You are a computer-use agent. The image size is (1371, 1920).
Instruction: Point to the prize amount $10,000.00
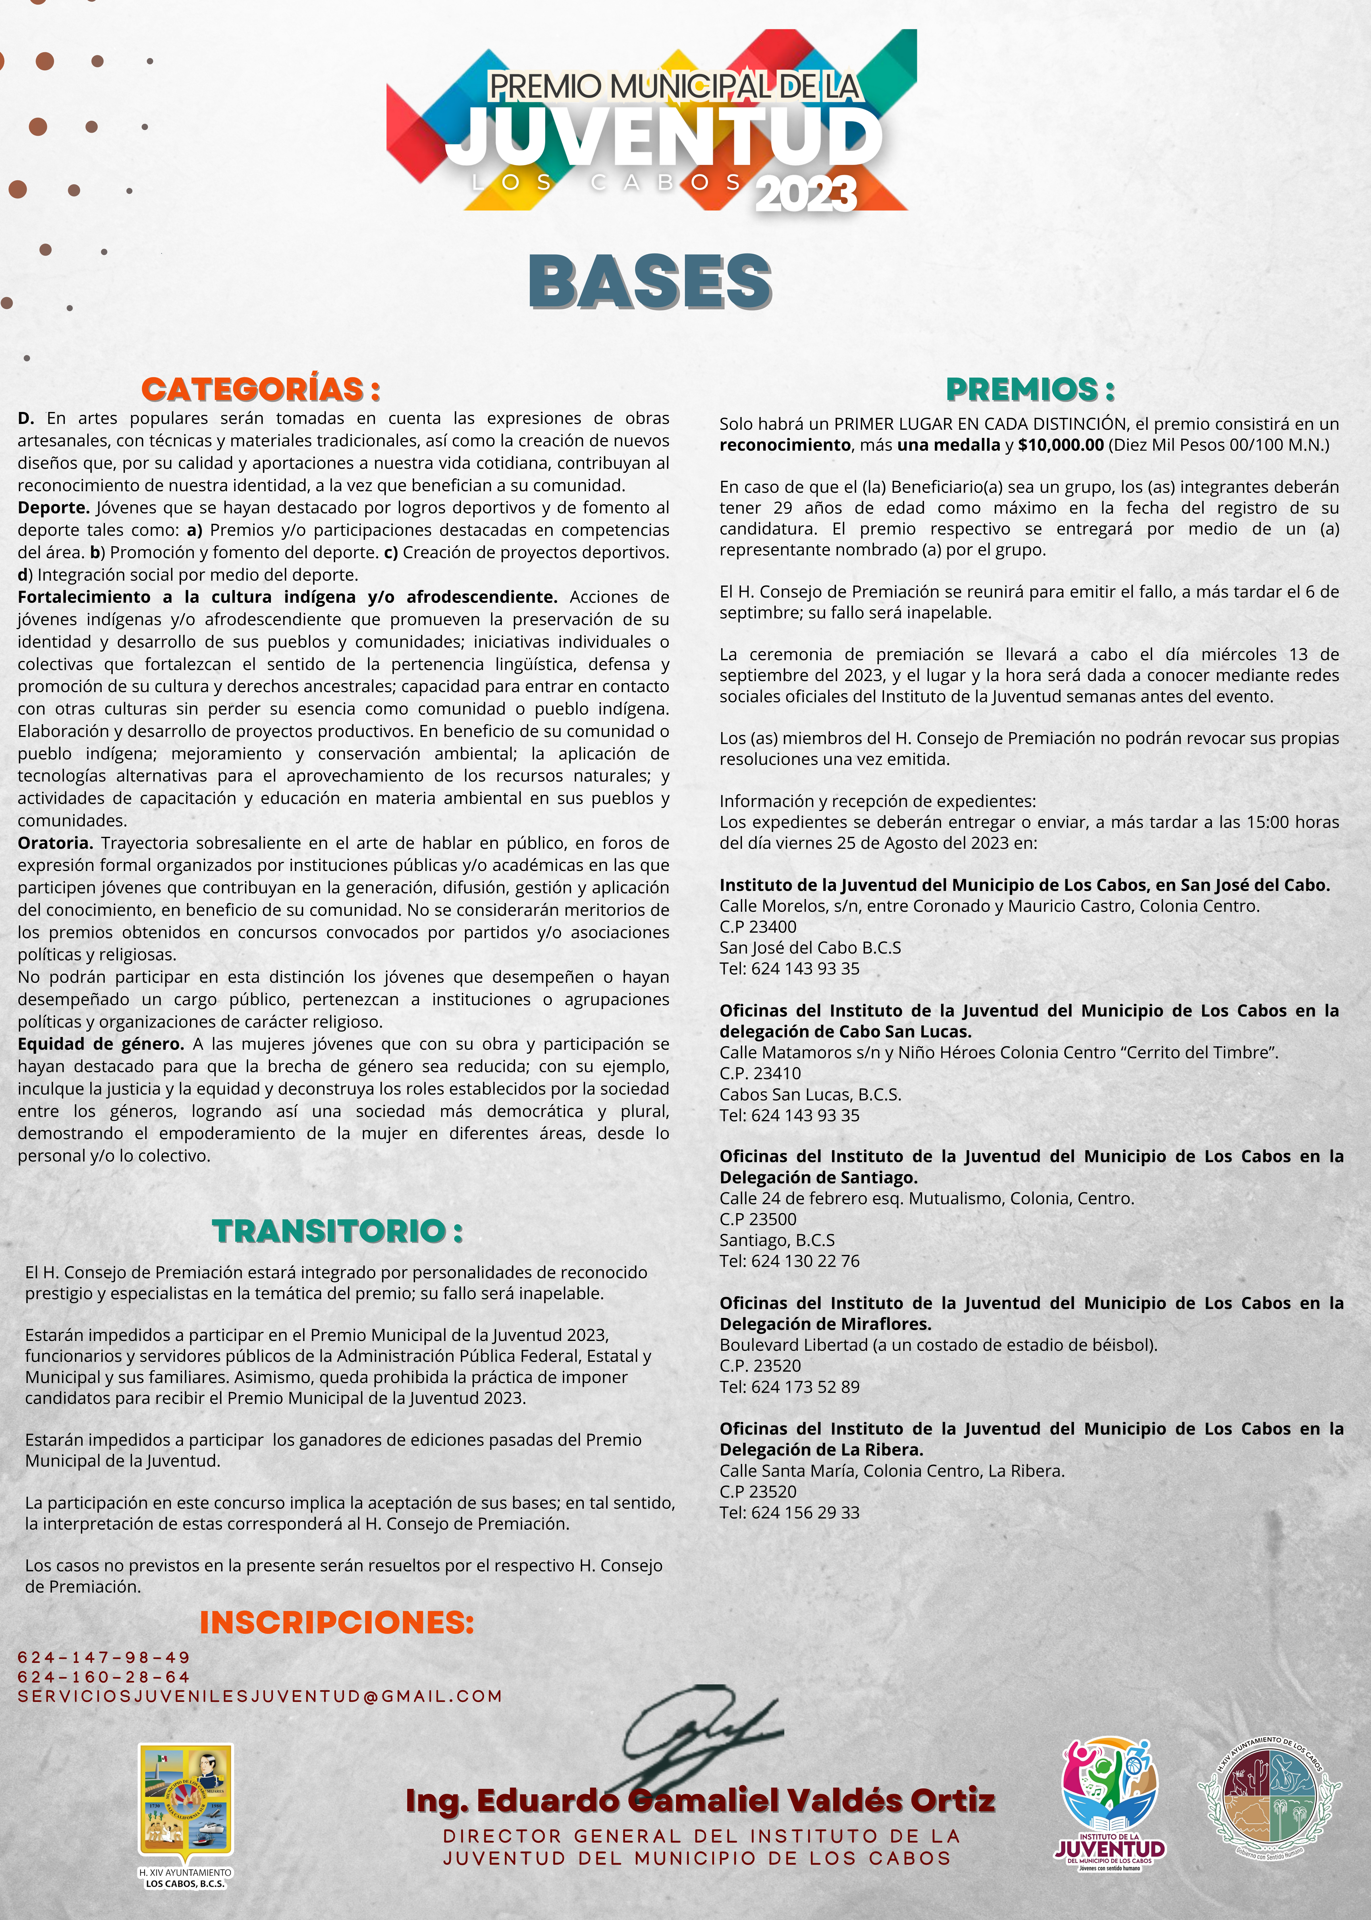(1060, 445)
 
